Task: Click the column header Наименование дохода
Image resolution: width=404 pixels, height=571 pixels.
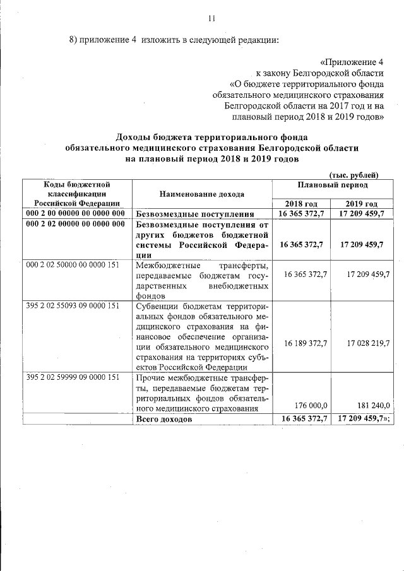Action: [x=202, y=194]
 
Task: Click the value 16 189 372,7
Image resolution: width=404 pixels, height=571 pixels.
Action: [x=306, y=344]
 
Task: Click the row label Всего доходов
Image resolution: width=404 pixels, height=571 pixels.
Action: [x=163, y=420]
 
